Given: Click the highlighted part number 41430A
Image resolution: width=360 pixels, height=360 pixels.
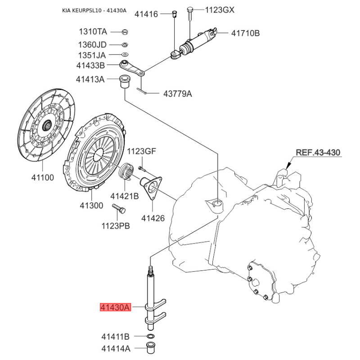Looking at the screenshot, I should coord(115,308).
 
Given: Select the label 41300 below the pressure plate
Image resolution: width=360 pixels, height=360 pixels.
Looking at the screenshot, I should coord(91,206).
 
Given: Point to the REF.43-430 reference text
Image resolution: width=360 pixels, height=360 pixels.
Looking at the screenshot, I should coord(318,153).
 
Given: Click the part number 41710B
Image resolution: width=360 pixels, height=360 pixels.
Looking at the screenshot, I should coord(246,33).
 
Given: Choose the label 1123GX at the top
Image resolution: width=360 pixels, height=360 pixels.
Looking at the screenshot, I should coord(220,10).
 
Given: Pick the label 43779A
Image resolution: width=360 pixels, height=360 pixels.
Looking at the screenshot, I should coord(177,94).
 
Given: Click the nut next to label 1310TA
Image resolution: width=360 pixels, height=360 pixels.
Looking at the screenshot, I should coord(126,32).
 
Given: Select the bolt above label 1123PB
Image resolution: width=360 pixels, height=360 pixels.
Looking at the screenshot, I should coord(119,208).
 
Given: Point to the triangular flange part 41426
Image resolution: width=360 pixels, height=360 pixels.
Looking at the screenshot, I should coord(152,186).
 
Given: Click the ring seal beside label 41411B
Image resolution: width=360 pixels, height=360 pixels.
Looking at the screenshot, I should coord(151,337).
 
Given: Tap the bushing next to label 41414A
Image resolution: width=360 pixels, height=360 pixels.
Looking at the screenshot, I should coord(152,348).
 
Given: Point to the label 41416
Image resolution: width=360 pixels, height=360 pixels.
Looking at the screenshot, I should coord(146,14).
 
